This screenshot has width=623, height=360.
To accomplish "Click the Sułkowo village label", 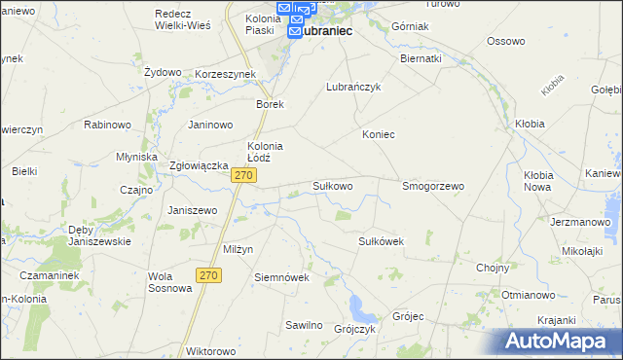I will (x=332, y=185).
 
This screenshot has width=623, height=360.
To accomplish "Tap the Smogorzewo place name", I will (x=433, y=185).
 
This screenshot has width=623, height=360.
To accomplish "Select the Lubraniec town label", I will (x=322, y=31).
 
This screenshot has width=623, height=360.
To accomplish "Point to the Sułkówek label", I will (x=381, y=240).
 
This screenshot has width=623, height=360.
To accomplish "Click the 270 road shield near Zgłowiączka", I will (x=244, y=175).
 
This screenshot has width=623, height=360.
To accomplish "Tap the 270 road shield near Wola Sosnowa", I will (x=208, y=276).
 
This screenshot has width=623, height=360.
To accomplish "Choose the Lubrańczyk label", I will (x=352, y=87).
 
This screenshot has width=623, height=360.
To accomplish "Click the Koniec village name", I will (x=379, y=134).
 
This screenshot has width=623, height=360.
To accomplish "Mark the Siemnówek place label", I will (x=281, y=277).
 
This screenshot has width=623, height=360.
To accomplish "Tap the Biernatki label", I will (x=421, y=58).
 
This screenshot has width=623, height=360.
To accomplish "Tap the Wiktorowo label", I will (x=211, y=350).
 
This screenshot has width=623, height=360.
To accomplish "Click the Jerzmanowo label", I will (x=573, y=222).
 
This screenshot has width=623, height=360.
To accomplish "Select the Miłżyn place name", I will (x=238, y=249).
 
